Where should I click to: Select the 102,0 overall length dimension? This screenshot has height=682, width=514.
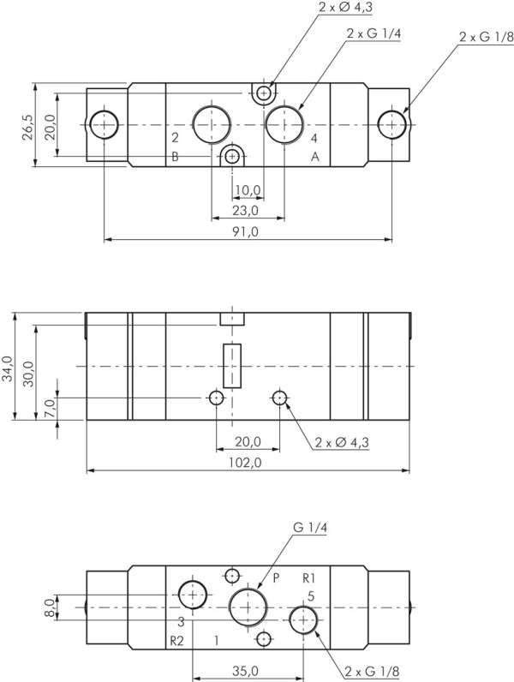coord(246,463)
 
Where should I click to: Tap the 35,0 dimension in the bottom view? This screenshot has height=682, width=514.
coord(246,670)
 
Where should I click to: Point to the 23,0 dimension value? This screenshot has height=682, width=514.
coord(245,211)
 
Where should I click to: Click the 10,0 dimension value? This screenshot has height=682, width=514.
coord(247,189)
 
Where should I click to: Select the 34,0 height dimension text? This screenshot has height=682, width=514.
coord(8,371)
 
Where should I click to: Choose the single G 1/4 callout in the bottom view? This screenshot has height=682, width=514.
coord(310,529)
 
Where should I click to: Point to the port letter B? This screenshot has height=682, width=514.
coord(175,157)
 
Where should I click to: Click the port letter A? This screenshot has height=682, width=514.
coord(314,157)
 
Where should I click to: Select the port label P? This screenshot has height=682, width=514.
coord(276,577)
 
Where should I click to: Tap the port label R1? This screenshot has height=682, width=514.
coord(310,577)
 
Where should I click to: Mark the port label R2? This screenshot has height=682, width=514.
coord(176,640)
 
